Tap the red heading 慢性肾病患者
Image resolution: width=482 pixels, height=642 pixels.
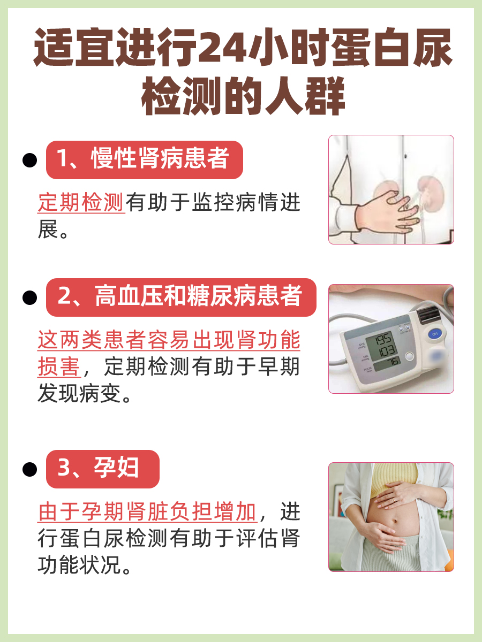[144, 159]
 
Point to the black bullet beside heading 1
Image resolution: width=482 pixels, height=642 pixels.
[30, 160]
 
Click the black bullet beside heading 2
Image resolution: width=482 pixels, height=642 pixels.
[30, 297]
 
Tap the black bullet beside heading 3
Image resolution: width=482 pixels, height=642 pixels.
[30, 469]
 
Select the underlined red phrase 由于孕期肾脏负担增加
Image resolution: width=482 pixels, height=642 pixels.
[148, 512]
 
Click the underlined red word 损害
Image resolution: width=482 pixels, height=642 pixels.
[59, 368]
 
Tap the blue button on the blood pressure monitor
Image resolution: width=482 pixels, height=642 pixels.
[435, 334]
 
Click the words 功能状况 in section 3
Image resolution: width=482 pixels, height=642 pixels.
[80, 566]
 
